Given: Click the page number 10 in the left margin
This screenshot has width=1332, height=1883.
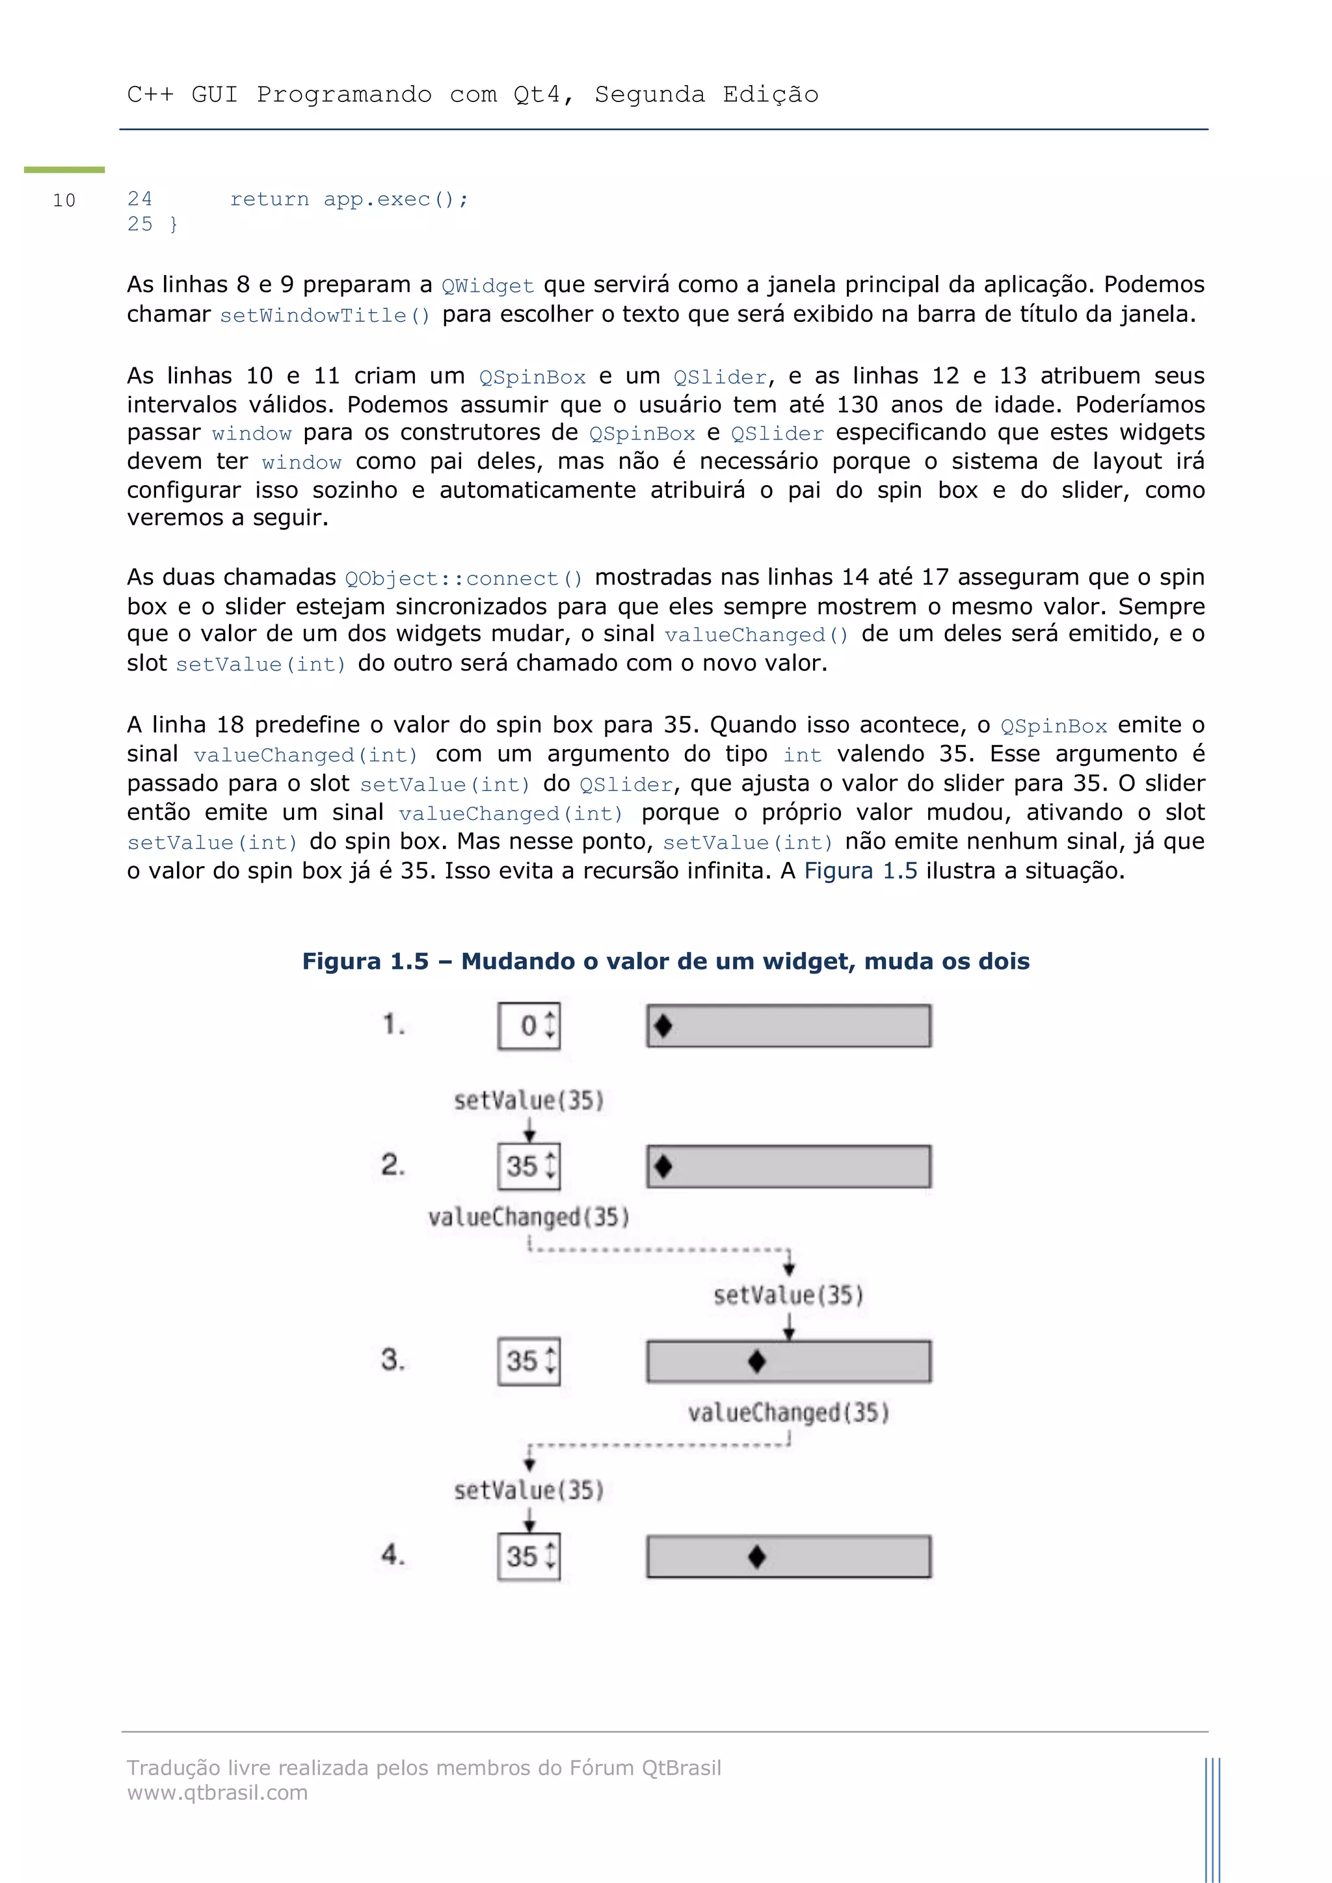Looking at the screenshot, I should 64,200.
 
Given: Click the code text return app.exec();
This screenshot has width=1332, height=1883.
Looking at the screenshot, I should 349,200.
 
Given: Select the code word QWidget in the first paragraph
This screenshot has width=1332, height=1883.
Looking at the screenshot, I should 487,286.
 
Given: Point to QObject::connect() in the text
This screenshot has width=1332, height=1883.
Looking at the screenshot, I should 464,579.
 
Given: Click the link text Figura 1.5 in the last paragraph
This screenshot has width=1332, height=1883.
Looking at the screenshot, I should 860,871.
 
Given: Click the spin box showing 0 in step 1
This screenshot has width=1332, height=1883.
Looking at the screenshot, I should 529,1026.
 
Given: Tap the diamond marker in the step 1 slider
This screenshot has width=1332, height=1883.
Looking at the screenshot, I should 663,1026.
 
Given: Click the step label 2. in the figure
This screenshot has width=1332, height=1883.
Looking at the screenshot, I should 393,1165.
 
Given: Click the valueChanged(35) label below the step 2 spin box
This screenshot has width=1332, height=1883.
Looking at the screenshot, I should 529,1217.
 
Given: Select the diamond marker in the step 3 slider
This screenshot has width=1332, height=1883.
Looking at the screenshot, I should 757,1362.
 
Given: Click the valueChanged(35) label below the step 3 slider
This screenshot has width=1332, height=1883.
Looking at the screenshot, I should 788,1412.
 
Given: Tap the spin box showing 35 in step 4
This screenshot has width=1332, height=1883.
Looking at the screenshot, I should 529,1557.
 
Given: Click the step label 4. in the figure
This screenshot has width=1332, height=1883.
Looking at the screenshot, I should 393,1554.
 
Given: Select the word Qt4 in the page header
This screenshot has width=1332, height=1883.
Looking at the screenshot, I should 537,95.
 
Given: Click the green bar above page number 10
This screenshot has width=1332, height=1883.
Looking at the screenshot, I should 64,170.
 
